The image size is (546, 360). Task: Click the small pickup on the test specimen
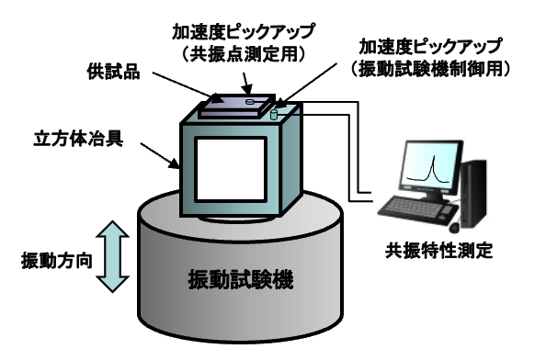coord(249,104)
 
